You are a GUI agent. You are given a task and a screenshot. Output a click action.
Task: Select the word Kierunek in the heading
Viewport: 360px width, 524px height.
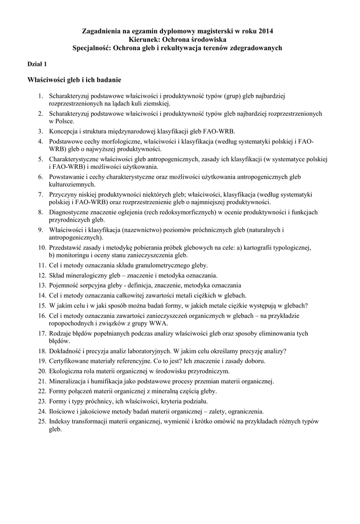(x=146, y=39)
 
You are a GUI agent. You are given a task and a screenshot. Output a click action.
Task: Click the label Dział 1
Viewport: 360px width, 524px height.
(x=37, y=64)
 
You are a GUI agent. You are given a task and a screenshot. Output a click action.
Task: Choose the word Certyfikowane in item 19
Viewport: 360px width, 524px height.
(x=70, y=361)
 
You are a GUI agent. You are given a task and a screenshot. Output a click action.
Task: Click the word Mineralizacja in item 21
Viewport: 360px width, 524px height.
(x=68, y=381)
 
